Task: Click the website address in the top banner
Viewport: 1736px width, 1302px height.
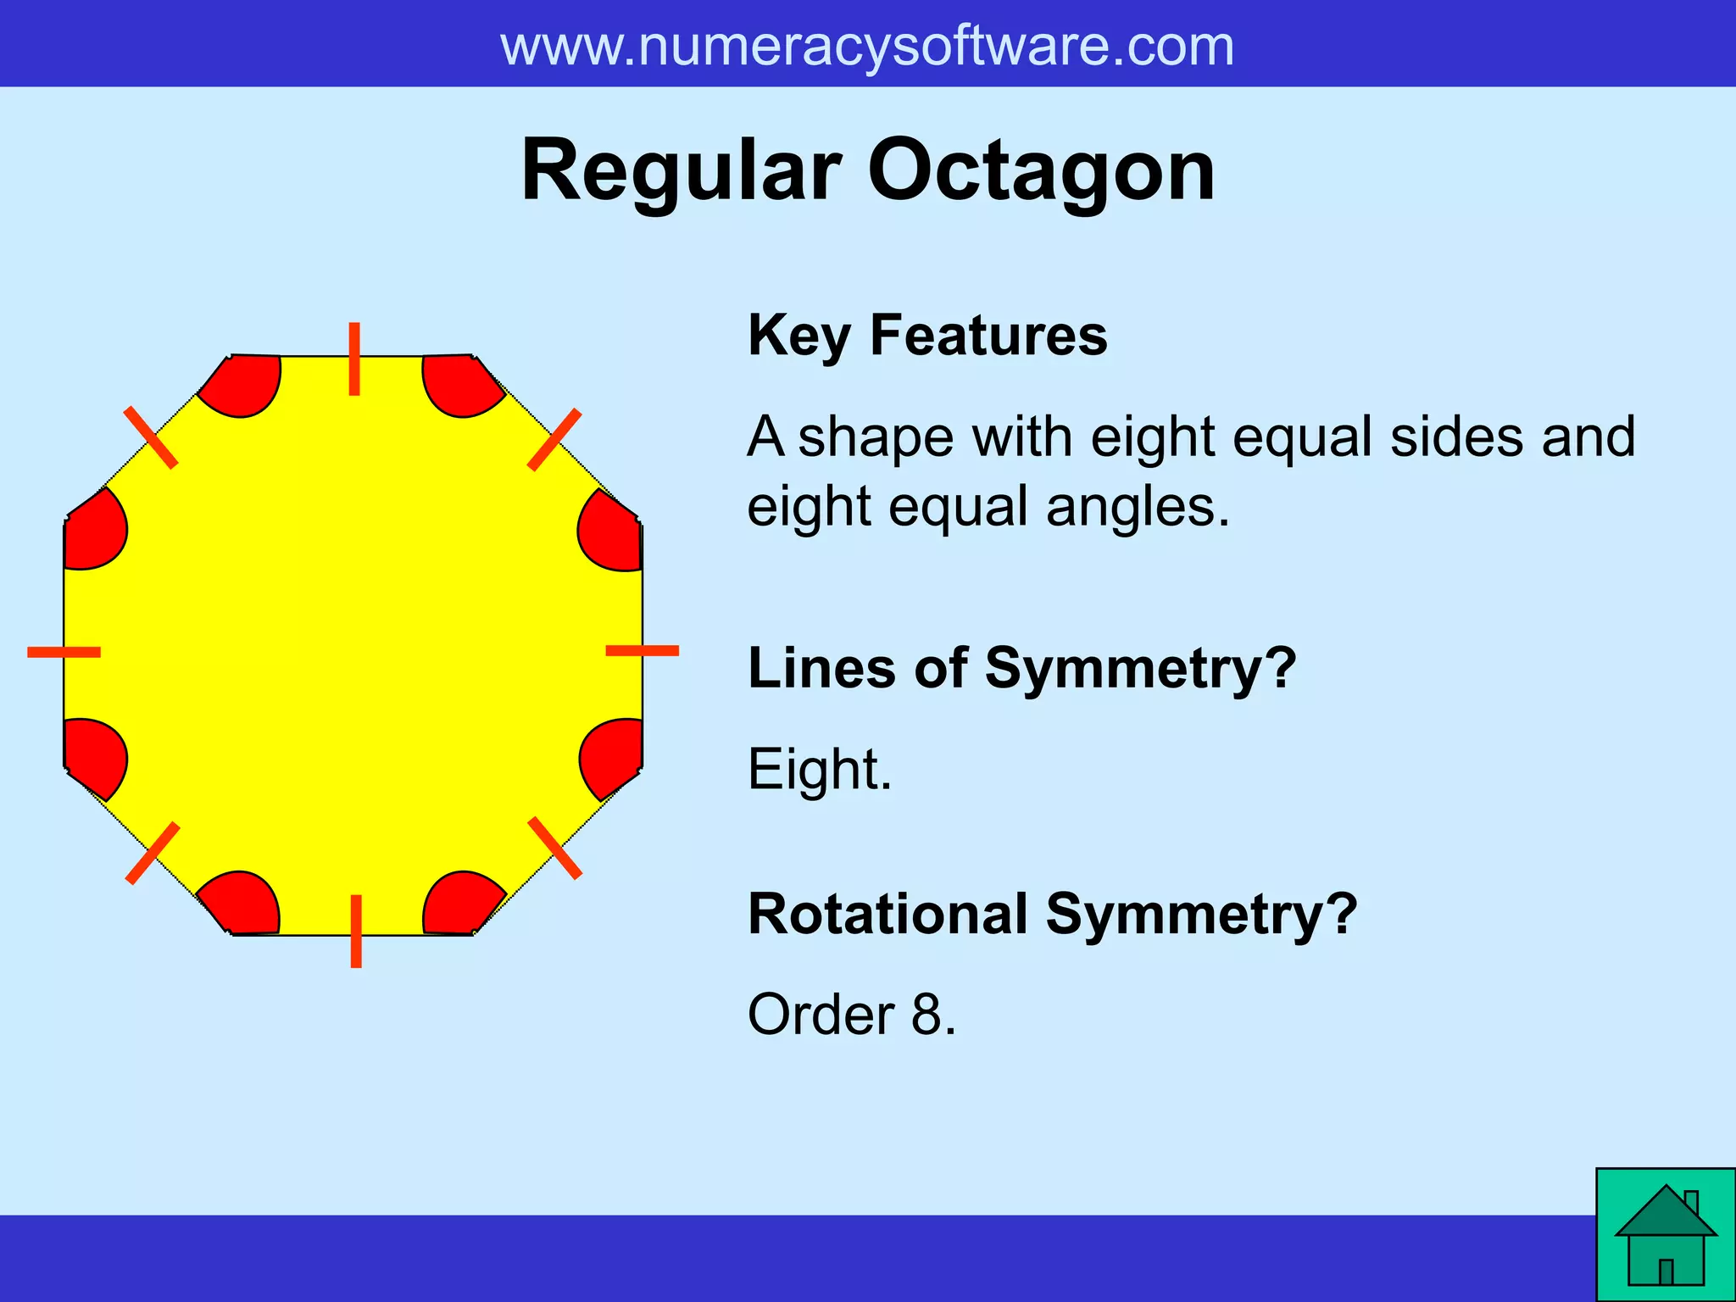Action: point(867,47)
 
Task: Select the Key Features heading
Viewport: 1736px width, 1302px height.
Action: point(927,336)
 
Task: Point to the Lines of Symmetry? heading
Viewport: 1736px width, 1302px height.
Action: point(1021,668)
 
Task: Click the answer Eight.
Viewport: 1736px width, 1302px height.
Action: point(819,770)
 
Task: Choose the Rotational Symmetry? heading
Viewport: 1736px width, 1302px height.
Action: point(1052,915)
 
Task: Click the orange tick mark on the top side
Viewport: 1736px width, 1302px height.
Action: point(354,359)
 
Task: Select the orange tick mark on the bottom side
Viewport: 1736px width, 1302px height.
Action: point(356,931)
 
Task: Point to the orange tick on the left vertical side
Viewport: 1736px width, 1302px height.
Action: point(64,652)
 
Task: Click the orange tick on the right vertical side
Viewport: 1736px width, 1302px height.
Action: point(642,650)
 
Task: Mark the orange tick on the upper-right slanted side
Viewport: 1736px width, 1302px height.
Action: point(554,440)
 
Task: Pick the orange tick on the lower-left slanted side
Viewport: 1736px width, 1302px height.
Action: point(153,853)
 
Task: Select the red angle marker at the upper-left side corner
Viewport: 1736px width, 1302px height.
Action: point(94,533)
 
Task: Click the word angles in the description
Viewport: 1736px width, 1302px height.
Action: point(1137,507)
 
